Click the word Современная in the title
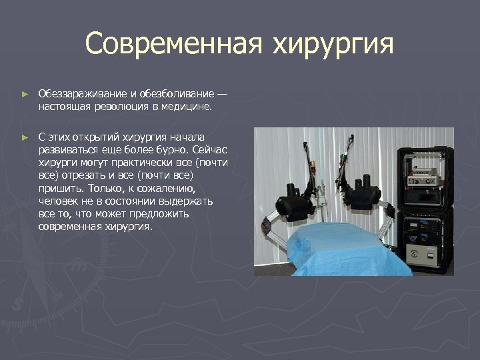[174, 45]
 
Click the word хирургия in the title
[333, 45]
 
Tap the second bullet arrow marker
[24, 137]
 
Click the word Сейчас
[208, 149]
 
